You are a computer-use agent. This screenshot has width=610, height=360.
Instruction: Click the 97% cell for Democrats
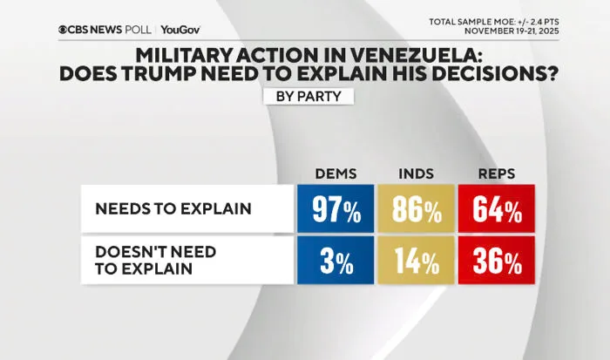335,208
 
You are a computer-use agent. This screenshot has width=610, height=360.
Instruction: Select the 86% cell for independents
417,208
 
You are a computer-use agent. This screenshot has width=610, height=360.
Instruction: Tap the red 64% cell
497,208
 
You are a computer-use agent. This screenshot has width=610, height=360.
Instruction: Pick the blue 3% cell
335,261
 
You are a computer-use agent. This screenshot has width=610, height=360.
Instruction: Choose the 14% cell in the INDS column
417,261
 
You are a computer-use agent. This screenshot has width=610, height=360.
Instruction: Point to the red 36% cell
497,261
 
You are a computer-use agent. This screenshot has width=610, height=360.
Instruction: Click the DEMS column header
335,173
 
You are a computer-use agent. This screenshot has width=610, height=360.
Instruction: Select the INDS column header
417,173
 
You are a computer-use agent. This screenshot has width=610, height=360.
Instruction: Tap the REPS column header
497,173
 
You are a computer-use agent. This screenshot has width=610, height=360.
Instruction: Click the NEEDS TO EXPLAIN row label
173,208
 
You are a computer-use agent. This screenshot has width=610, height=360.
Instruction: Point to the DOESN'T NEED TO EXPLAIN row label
156,261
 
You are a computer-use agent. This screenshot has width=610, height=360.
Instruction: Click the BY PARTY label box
308,96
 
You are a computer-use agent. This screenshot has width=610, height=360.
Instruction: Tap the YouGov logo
180,30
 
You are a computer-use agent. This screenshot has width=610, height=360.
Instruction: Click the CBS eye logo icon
63,30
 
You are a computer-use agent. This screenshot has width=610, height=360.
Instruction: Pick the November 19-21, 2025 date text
512,31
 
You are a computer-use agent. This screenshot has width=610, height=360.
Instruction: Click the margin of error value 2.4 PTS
546,22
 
